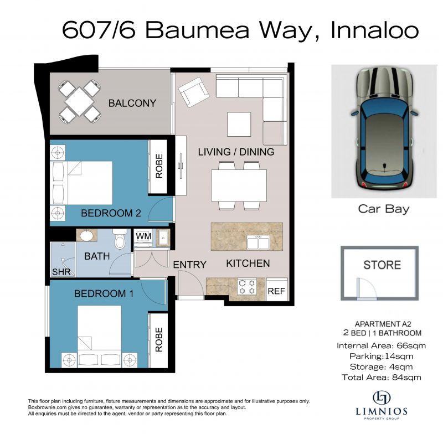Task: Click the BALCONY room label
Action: [132, 103]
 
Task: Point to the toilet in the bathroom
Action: [119, 239]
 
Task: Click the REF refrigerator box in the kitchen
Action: [276, 290]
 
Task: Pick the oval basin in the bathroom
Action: [87, 236]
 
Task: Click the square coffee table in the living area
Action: [239, 123]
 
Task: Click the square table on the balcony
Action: [79, 101]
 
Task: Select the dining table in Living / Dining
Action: [239, 185]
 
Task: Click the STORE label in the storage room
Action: [382, 265]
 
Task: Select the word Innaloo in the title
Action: [374, 30]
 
